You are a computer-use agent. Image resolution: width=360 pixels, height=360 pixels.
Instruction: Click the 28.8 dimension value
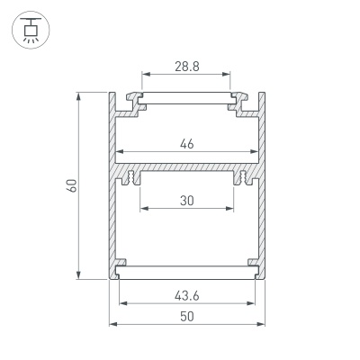tap(185, 67)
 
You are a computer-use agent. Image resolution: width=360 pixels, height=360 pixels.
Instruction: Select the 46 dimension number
tap(185, 144)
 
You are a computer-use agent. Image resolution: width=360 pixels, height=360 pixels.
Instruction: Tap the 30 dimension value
tap(185, 202)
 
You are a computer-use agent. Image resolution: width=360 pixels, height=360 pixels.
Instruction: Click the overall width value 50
tap(185, 317)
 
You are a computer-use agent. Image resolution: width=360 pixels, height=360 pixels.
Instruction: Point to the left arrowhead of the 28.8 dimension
tap(143, 76)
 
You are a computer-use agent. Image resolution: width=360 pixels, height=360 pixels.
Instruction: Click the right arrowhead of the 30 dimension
tap(230, 210)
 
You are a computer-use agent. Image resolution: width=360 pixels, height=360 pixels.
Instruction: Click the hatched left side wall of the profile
tap(112, 225)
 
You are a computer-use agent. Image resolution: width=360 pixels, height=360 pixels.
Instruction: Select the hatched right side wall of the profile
tap(260, 225)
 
